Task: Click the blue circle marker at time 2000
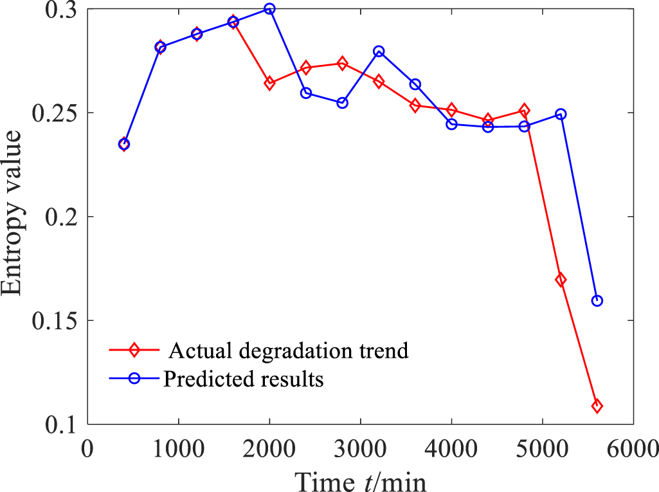tap(269, 9)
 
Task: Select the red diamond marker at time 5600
tap(597, 406)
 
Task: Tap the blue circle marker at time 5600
tap(597, 300)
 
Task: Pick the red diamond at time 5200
tap(561, 280)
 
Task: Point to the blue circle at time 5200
tap(561, 114)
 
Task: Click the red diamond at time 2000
tap(269, 83)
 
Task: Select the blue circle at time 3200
tap(379, 51)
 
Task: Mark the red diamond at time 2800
tap(342, 64)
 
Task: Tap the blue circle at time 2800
tap(342, 102)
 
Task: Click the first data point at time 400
tap(124, 144)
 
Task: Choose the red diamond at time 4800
tap(524, 111)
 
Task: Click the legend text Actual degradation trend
tap(289, 351)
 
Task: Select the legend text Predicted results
tap(243, 379)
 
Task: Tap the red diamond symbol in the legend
tap(134, 351)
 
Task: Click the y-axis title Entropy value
tap(15, 212)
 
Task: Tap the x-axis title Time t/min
tap(360, 479)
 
